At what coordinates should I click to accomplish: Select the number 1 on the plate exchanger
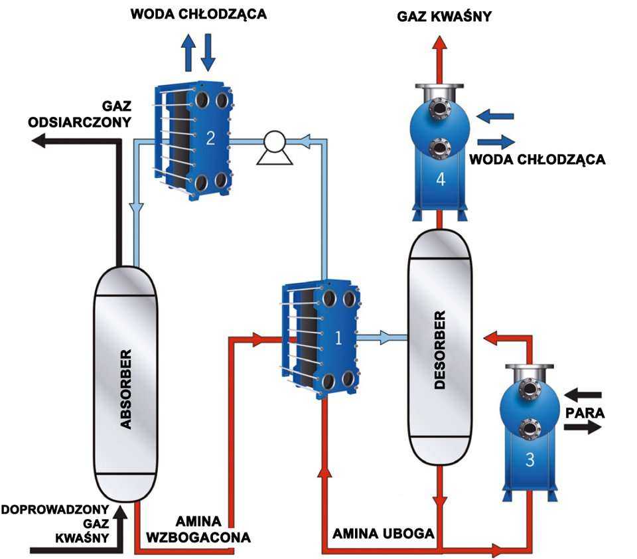(x=338, y=339)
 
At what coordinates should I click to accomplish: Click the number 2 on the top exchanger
(x=210, y=138)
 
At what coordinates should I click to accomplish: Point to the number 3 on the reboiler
(x=529, y=460)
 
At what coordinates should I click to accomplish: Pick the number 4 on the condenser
(x=441, y=181)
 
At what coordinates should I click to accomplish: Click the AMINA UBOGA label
(x=384, y=533)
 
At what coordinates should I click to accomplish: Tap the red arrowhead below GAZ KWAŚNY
(x=438, y=40)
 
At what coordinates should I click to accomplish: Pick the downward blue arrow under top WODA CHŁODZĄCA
(x=208, y=52)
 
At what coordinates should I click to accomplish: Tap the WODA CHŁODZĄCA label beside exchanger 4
(x=537, y=159)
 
